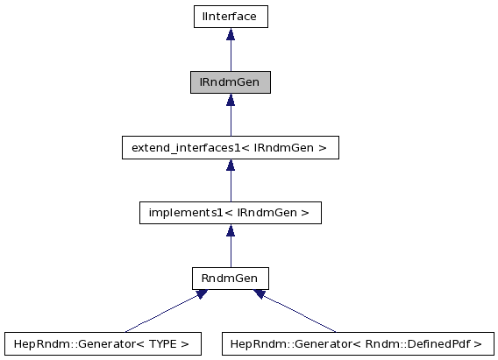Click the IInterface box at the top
(230, 16)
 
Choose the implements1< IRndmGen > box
(230, 213)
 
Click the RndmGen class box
(230, 279)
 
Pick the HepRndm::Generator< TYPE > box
(103, 343)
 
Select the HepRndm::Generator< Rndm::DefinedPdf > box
(358, 343)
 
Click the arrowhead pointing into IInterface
(230, 34)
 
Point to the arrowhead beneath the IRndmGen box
(230, 100)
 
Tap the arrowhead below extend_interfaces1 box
(230, 166)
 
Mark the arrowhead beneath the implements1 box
(230, 231)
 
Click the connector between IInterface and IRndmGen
(230, 54)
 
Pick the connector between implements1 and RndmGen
(230, 252)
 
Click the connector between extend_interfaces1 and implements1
(230, 186)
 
